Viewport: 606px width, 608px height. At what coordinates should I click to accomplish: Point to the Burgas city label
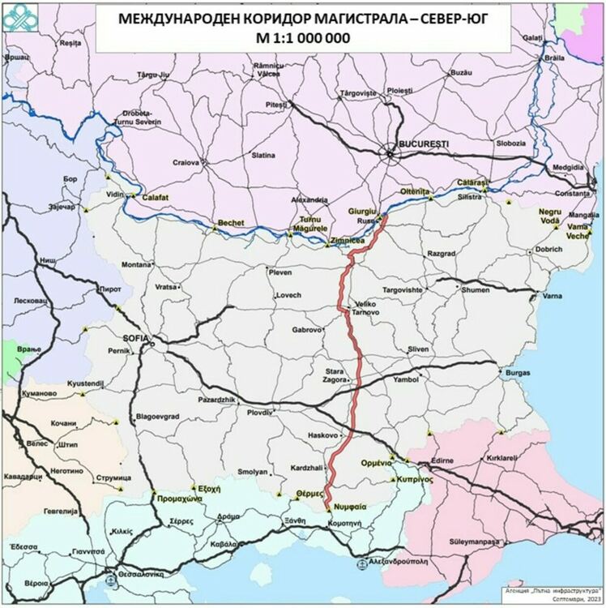click(x=517, y=374)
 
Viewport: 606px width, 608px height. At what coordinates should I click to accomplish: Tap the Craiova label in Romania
click(x=186, y=162)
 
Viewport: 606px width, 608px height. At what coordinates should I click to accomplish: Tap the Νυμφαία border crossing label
click(x=351, y=505)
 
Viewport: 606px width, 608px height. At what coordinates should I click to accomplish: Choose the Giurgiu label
click(x=362, y=211)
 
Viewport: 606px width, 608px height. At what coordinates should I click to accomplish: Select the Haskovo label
click(x=322, y=435)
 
